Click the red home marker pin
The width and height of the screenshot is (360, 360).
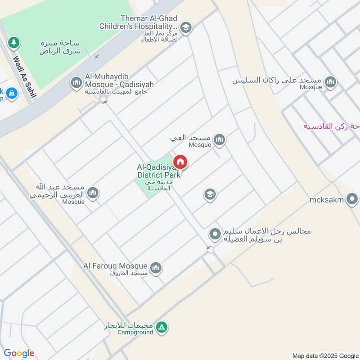tap(180, 162)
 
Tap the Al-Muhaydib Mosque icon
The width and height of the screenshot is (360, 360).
tap(76, 82)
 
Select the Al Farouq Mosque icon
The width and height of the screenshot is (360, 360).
tap(156, 268)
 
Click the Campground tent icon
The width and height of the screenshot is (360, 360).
tap(163, 327)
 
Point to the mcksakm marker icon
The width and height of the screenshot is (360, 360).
tap(352, 198)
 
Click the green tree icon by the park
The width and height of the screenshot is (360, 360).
tap(14, 43)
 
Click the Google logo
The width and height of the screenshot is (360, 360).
tap(18, 353)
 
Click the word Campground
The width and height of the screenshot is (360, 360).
tap(136, 333)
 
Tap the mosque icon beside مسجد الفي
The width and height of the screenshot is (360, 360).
tap(219, 140)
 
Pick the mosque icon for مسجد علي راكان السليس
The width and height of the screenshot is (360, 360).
tap(331, 82)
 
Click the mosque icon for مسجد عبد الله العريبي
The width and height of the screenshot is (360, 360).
tap(93, 193)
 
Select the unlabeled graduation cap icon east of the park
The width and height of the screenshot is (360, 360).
tap(210, 194)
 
